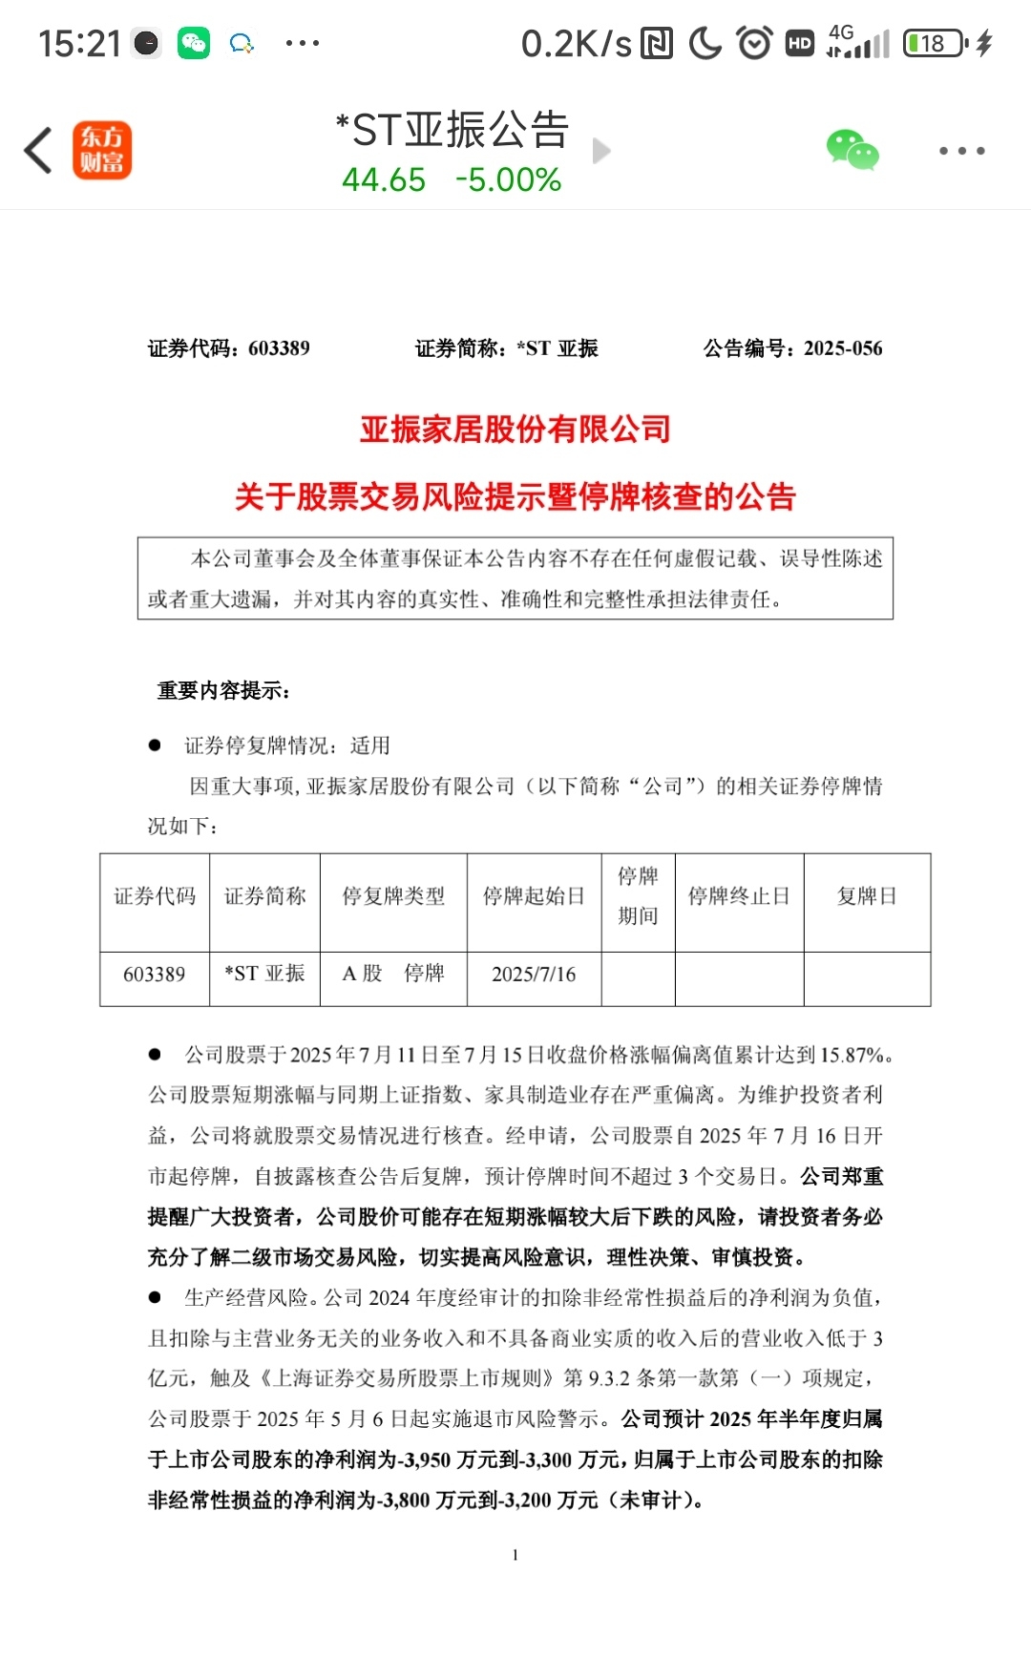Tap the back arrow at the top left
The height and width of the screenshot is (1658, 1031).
coord(38,151)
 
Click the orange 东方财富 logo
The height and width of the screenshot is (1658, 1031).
coord(102,151)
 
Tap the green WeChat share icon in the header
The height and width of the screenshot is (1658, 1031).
coord(852,151)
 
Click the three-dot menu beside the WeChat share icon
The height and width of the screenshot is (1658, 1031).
coord(961,151)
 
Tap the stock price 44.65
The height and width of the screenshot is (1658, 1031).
coord(384,179)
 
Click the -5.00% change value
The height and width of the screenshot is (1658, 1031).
coord(508,179)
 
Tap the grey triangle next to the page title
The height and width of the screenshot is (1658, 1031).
coord(601,151)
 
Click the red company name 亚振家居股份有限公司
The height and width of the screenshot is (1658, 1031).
coord(515,430)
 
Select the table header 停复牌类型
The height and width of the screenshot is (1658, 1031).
coord(393,896)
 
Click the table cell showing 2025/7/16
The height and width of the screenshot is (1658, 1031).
coord(534,975)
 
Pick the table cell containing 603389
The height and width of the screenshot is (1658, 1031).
coord(154,975)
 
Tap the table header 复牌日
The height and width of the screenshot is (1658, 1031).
coord(867,896)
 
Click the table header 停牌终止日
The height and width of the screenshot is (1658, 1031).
coord(739,896)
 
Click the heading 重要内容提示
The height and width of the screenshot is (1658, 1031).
coord(223,690)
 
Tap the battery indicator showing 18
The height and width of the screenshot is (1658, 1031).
coord(934,43)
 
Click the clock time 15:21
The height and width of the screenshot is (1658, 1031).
coord(79,43)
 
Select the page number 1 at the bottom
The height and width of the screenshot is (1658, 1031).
coord(515,1555)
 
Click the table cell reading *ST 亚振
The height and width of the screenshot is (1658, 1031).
coord(264,974)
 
